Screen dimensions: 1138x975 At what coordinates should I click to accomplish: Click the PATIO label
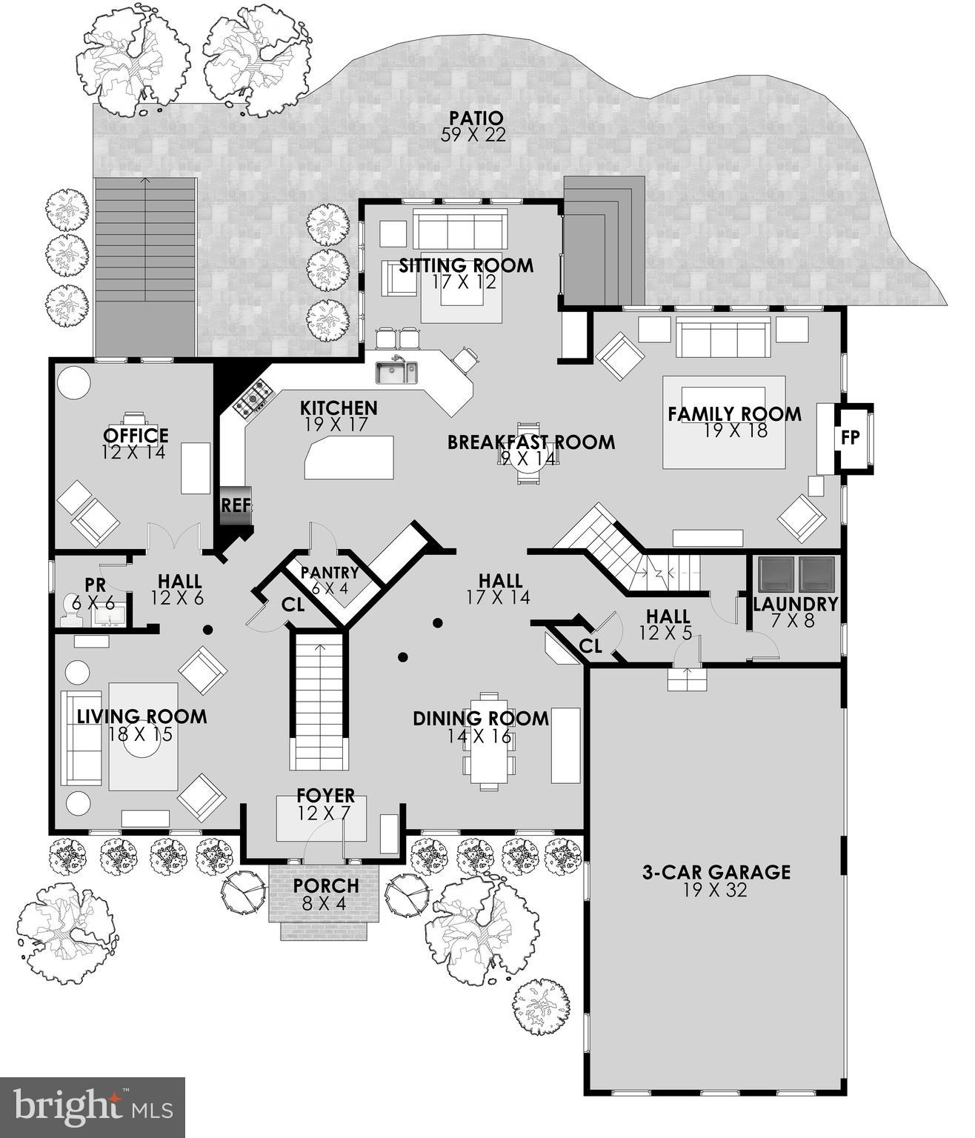(x=476, y=118)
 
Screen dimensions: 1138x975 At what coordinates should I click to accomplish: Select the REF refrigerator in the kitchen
(x=236, y=506)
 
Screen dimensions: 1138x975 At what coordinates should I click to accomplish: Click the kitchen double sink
(x=396, y=370)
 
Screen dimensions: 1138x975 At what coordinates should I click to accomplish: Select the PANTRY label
(x=330, y=573)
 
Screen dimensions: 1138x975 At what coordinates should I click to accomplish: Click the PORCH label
(x=325, y=885)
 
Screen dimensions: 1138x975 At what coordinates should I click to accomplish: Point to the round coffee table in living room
(x=141, y=746)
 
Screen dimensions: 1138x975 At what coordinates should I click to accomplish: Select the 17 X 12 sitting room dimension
(x=466, y=282)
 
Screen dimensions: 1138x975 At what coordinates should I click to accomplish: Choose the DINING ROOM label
(x=481, y=718)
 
